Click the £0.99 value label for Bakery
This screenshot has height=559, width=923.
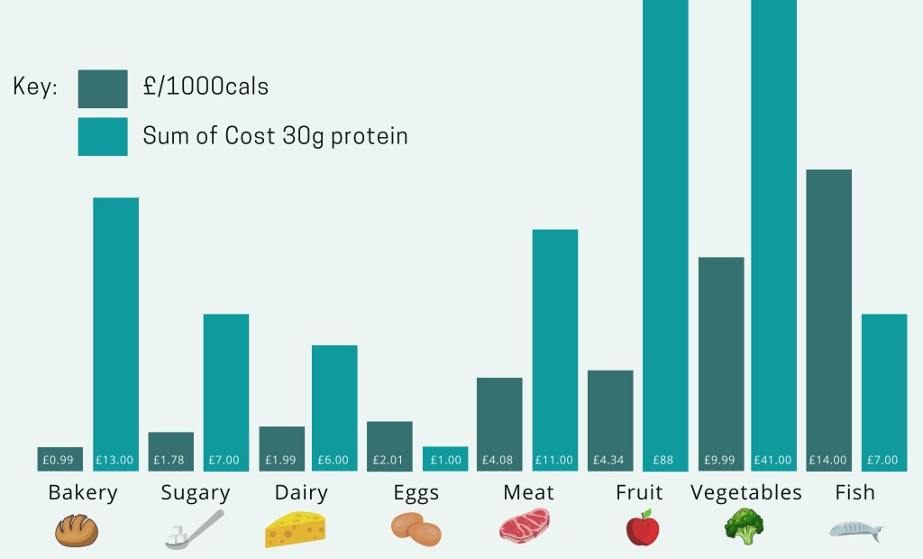coord(59,460)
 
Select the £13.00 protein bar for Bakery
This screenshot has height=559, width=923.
coord(115,334)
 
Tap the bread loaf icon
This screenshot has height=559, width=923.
coord(76,530)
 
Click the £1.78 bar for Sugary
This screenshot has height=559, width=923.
coord(170,451)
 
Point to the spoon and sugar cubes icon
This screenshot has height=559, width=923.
coord(193,530)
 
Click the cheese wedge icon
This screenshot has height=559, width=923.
coord(295,529)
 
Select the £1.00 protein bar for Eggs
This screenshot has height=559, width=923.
coord(444,458)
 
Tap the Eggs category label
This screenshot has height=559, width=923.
coord(416,493)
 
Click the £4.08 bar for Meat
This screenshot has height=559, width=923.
coord(499,424)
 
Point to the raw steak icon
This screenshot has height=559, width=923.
coord(524,526)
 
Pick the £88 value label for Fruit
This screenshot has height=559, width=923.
coord(665,460)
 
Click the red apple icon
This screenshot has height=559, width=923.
coord(643,527)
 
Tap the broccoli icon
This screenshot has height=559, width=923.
coord(744,527)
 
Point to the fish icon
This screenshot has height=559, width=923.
coord(856,529)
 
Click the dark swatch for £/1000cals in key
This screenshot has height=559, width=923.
coord(102,88)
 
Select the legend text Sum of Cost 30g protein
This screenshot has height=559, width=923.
coord(275,136)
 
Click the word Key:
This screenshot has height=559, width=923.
coord(36,87)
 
